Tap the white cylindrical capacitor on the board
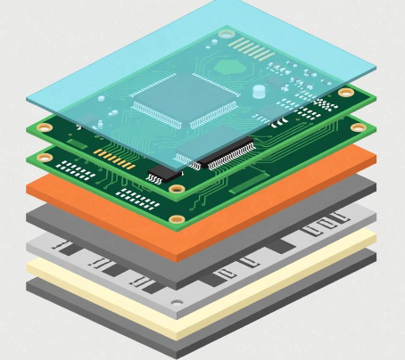259,90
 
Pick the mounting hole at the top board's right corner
345,92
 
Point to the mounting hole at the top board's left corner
43,127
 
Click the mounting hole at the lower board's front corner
177,218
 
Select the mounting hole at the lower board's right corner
358,127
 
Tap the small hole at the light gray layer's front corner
177,303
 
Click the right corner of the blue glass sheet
376,70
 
